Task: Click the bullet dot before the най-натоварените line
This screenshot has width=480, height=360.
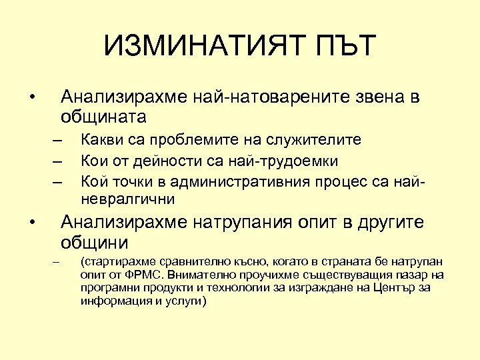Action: point(32,98)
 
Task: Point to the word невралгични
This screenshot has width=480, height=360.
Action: point(127,199)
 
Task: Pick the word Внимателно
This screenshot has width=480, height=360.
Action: point(200,273)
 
